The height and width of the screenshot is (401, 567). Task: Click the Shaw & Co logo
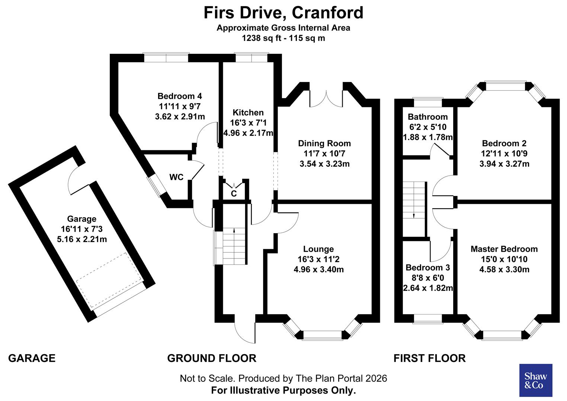(535, 380)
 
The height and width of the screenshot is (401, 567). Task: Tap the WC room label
(176, 177)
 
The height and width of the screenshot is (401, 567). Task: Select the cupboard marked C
(234, 193)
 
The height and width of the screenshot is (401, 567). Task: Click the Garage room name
(81, 219)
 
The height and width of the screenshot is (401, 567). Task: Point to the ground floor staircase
(234, 245)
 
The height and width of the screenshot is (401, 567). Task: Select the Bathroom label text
(427, 117)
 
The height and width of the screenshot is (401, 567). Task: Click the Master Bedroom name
(504, 249)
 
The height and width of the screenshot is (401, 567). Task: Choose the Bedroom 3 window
(428, 318)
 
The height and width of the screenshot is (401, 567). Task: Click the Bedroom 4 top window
(166, 58)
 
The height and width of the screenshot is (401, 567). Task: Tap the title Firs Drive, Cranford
(283, 13)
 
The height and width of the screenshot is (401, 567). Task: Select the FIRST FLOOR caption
(429, 358)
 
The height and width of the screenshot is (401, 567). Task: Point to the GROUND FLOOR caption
(211, 358)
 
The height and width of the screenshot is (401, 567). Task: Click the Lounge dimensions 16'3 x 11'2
(318, 259)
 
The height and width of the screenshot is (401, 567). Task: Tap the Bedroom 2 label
(504, 143)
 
